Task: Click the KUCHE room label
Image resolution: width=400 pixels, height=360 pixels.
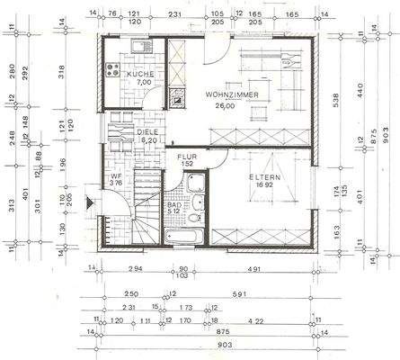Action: click(x=141, y=73)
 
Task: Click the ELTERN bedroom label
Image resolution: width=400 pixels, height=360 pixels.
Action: click(x=265, y=177)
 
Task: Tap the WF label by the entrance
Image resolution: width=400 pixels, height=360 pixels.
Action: click(x=115, y=175)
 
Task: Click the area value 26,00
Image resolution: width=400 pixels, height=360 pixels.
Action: click(x=224, y=105)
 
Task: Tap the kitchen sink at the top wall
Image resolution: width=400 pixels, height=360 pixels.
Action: click(x=140, y=46)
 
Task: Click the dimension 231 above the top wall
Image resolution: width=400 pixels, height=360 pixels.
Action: click(x=176, y=13)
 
